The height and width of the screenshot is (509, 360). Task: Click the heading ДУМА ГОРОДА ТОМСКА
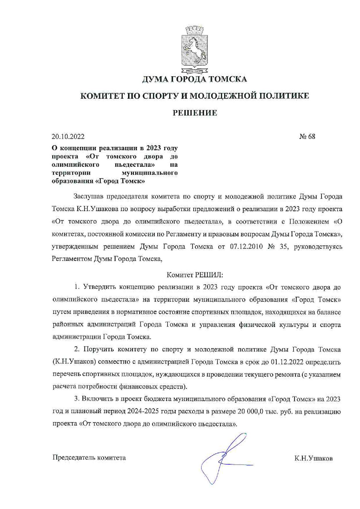pos(195,79)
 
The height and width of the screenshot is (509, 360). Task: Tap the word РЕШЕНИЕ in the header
pos(195,113)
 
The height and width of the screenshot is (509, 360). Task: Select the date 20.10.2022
pos(68,136)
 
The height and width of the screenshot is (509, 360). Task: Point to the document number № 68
pos(307,136)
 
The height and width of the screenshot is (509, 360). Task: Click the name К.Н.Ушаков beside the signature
pos(313,458)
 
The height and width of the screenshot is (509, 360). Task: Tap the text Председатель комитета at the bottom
pos(89,458)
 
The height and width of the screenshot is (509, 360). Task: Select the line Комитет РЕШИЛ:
pos(195,274)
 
